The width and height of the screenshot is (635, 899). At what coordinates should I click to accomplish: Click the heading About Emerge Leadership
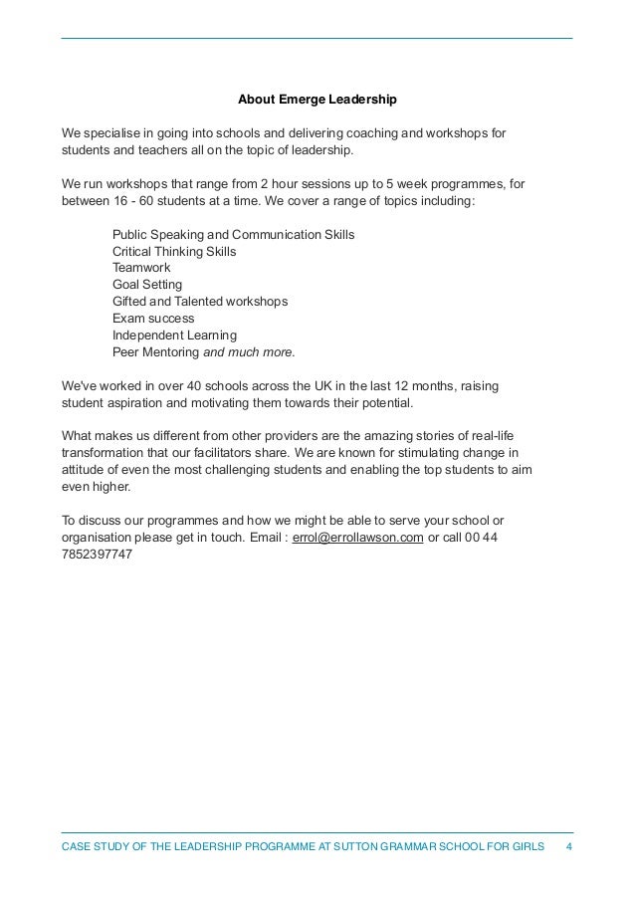click(x=317, y=100)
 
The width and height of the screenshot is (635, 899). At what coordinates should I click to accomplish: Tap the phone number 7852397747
click(x=97, y=554)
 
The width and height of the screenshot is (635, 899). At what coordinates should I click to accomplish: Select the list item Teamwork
click(x=141, y=268)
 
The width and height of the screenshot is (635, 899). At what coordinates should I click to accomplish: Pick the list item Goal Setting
click(x=147, y=285)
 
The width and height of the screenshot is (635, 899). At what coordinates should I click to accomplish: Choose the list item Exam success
click(x=153, y=319)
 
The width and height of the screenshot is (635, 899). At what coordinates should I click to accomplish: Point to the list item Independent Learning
click(x=174, y=336)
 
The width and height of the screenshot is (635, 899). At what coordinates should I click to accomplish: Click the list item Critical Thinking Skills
click(x=174, y=252)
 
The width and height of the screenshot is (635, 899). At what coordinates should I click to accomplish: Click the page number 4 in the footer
click(x=568, y=846)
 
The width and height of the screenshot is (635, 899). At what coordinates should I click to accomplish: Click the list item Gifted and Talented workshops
click(x=200, y=302)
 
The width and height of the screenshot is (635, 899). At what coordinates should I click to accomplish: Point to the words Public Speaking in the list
click(x=157, y=235)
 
